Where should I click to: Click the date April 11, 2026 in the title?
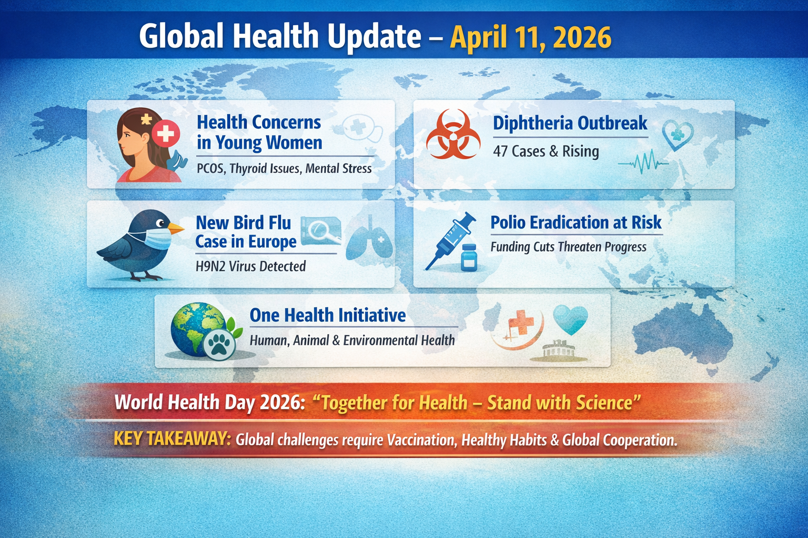[x=530, y=37]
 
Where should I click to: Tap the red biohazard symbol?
[x=453, y=134]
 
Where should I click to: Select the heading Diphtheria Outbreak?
[x=570, y=123]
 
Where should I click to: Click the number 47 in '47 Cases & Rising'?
[x=500, y=151]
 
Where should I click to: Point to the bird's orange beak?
[x=176, y=229]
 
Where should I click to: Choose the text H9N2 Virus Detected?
[x=250, y=266]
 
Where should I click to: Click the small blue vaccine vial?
[x=469, y=257]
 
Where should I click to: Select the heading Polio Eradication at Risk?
[x=575, y=223]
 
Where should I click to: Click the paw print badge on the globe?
[x=219, y=345]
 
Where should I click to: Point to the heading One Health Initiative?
[x=327, y=315]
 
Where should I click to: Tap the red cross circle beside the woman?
[x=166, y=133]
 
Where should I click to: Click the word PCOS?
[x=210, y=169]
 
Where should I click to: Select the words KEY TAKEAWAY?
[x=171, y=439]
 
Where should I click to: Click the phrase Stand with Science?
[x=563, y=403]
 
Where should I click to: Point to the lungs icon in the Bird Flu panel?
[x=370, y=239]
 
